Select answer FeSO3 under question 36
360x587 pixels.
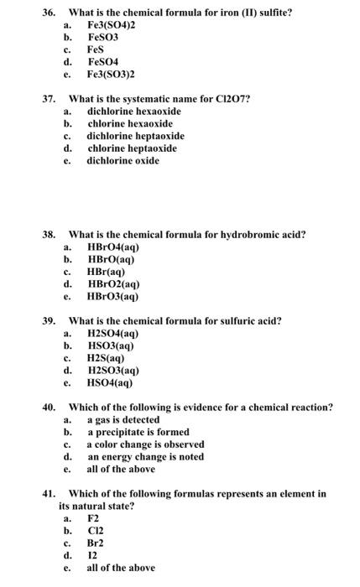[x=104, y=38]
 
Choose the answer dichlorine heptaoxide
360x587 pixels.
[x=135, y=136]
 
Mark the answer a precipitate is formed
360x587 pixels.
[x=138, y=432]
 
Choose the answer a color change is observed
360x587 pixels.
[x=145, y=444]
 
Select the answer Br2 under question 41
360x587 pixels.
[x=97, y=543]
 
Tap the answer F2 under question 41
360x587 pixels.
[x=93, y=518]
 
